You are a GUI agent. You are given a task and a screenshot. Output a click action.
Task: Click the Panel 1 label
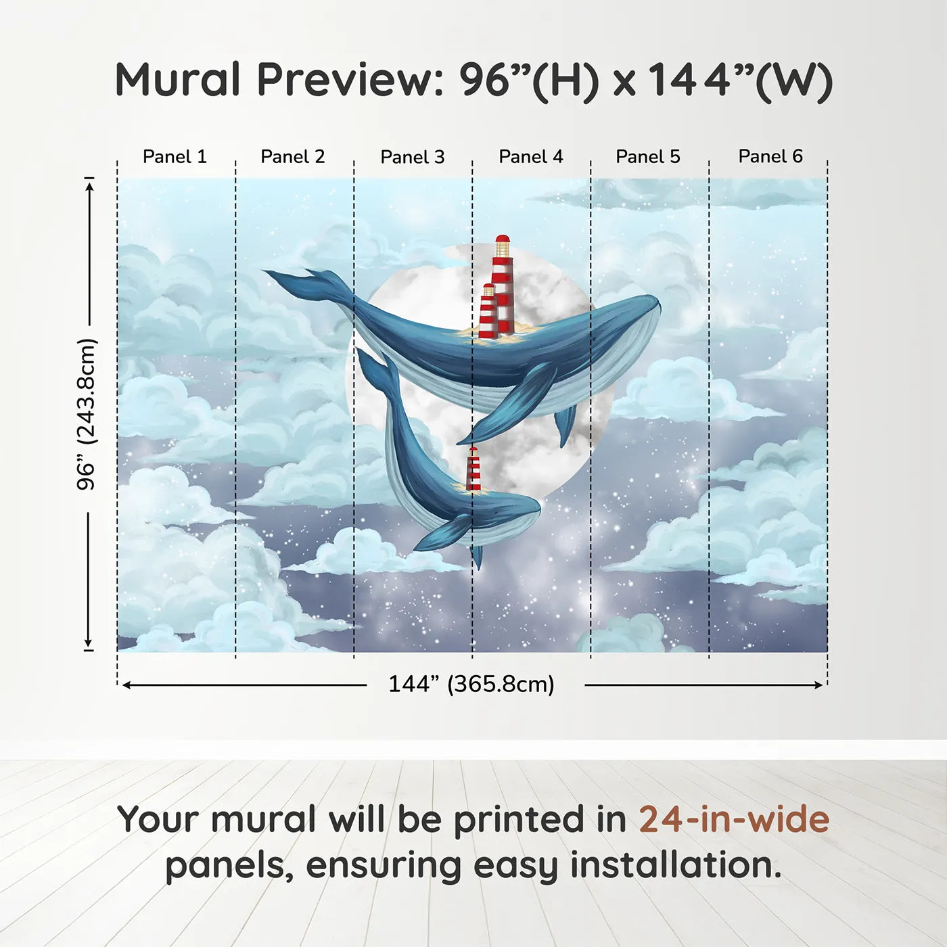pyautogui.click(x=175, y=157)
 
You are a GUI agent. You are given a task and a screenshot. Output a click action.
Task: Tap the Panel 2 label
pyautogui.click(x=292, y=157)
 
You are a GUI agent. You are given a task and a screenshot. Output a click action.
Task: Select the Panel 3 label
pyautogui.click(x=412, y=158)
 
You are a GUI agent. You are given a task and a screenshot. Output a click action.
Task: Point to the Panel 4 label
pyautogui.click(x=530, y=157)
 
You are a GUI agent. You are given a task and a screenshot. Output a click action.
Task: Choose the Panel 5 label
pyautogui.click(x=647, y=157)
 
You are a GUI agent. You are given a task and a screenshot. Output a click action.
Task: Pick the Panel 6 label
pyautogui.click(x=770, y=157)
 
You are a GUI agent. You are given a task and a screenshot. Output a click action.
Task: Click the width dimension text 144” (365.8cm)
pyautogui.click(x=471, y=684)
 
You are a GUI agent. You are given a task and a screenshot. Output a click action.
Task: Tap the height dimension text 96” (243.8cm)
pyautogui.click(x=87, y=414)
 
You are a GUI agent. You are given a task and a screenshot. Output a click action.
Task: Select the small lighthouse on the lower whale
pyautogui.click(x=473, y=469)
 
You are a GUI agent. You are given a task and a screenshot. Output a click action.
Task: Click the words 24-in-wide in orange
pyautogui.click(x=733, y=819)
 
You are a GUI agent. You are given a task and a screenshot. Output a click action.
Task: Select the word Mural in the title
pyautogui.click(x=177, y=80)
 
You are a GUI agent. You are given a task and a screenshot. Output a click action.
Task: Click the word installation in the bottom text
pyautogui.click(x=675, y=865)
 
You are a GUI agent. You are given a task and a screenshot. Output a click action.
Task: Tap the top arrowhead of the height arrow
pyautogui.click(x=89, y=184)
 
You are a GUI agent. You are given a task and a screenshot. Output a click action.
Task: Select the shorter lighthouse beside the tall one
pyautogui.click(x=488, y=313)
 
